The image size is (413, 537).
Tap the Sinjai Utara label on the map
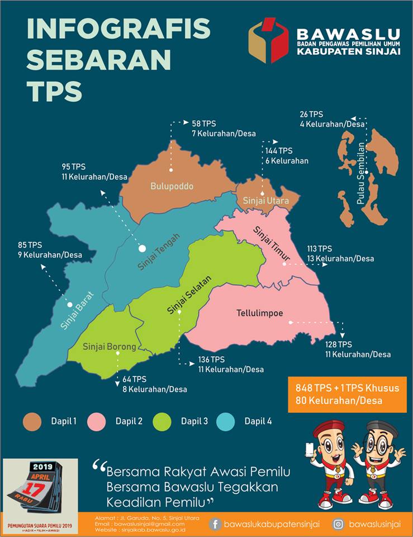[265, 200]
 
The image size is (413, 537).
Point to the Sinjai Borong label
[109, 347]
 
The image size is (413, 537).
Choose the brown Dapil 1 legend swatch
[33, 421]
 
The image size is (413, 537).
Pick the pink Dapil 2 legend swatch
[97, 421]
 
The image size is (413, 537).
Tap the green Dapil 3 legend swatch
[163, 421]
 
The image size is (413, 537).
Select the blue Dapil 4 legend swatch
[227, 421]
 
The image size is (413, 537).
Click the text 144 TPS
[279, 151]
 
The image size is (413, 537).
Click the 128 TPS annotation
[339, 344]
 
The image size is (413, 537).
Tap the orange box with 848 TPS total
[347, 394]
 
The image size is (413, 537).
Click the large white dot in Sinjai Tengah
[142, 248]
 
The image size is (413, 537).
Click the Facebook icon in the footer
[215, 524]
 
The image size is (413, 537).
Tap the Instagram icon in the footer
[338, 524]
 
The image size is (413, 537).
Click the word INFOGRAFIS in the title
[118, 29]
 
